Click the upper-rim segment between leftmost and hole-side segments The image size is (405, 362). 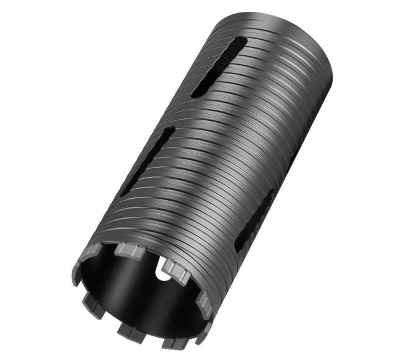128,250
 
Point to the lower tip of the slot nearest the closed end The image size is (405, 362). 195,93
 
